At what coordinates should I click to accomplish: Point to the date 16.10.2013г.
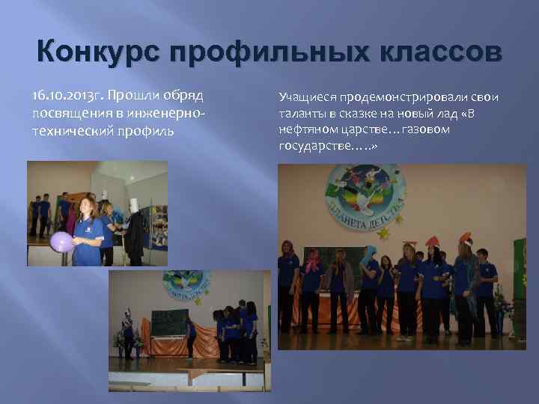(67, 97)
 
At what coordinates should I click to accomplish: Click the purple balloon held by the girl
(61, 241)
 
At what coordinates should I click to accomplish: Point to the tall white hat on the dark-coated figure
(135, 206)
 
